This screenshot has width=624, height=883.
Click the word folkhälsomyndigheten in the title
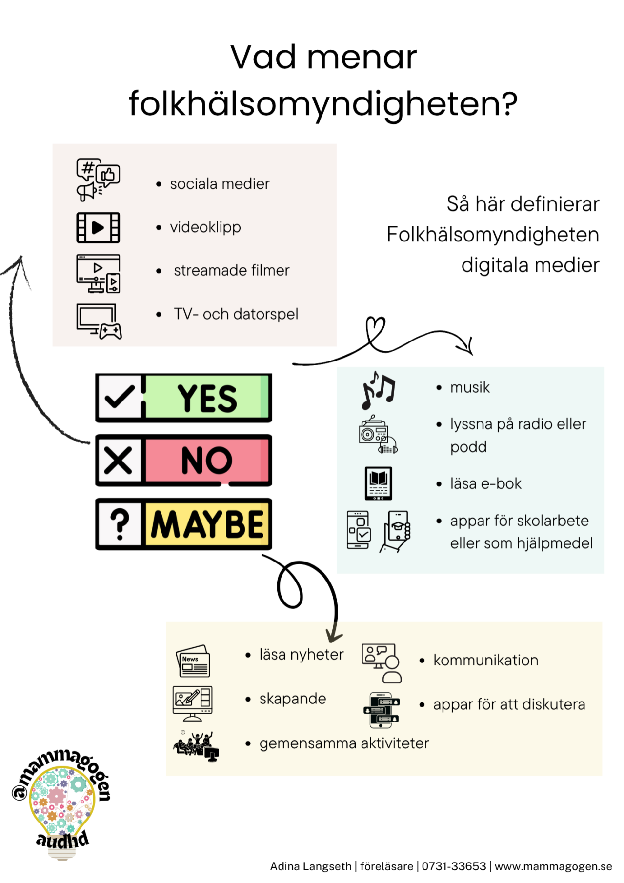coord(323,103)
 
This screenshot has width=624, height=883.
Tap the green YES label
coord(207,398)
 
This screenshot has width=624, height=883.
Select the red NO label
coord(207,460)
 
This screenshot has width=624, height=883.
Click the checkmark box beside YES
coord(120,397)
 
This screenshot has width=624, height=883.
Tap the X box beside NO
coord(119,460)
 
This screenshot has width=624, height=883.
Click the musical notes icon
coord(378,390)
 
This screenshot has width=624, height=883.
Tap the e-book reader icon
coord(378,483)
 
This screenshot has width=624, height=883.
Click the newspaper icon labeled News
coord(193,662)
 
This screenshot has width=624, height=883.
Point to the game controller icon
coord(111,332)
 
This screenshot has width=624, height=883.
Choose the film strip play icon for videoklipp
coord(98,227)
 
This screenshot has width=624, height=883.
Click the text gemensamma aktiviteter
coord(343,743)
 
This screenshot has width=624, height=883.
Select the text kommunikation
coord(485,660)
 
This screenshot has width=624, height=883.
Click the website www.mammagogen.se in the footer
coord(553,866)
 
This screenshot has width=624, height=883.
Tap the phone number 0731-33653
coord(454,866)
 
